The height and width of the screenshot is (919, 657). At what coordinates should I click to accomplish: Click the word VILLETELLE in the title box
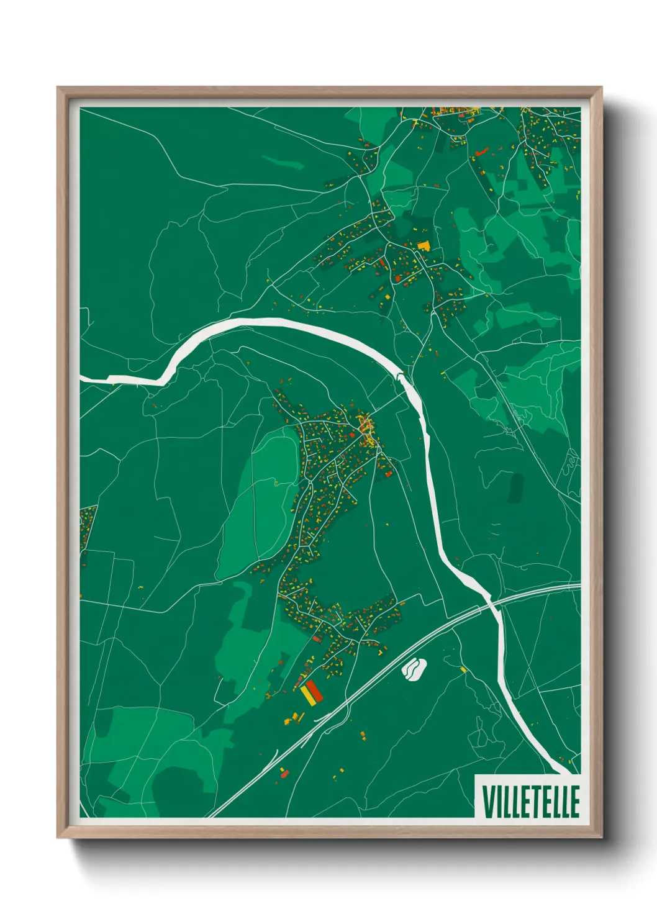click(530, 802)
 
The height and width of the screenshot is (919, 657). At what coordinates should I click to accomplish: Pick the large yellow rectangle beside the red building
click(307, 695)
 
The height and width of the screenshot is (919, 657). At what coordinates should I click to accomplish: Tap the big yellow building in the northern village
click(424, 245)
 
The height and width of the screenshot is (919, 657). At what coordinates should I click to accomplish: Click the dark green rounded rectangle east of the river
click(515, 487)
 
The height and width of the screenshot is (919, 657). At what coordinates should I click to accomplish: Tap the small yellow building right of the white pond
click(463, 669)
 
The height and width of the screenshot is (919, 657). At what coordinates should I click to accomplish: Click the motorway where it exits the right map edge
click(578, 586)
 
